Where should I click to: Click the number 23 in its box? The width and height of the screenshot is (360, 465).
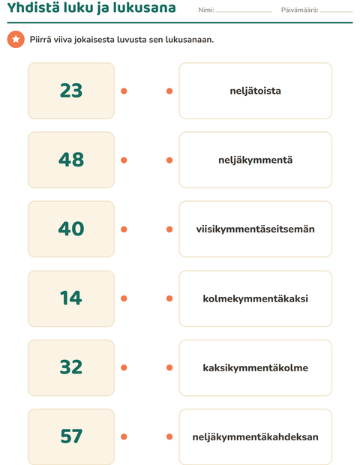coord(71,91)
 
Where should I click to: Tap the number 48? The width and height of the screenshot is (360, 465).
coord(71,160)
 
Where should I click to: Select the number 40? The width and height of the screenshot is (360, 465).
coord(71,229)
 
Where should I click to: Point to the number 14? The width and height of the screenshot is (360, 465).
coord(71,298)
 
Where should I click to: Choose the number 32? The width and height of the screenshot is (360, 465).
coord(71,367)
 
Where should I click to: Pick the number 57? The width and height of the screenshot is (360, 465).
coord(71,436)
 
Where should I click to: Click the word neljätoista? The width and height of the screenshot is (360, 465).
coord(255,91)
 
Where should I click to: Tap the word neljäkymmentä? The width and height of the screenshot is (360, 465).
coord(255,160)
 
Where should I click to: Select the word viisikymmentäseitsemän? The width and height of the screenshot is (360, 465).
coord(255,229)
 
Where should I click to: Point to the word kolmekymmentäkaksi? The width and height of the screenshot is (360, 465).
coord(255,298)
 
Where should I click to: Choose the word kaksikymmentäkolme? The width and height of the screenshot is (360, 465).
coord(255,367)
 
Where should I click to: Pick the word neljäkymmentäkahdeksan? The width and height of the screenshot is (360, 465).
coord(255,436)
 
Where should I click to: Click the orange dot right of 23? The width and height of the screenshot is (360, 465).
coord(124,91)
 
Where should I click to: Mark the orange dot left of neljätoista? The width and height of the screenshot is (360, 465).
coord(169,91)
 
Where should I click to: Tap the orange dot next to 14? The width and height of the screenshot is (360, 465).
coord(124,298)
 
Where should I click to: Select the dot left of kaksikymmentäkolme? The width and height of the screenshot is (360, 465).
coord(169,367)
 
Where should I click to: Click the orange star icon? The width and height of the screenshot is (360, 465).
coord(16,39)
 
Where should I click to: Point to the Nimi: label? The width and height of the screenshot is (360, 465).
coord(206,10)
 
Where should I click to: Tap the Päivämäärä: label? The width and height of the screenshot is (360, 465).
coord(299,10)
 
